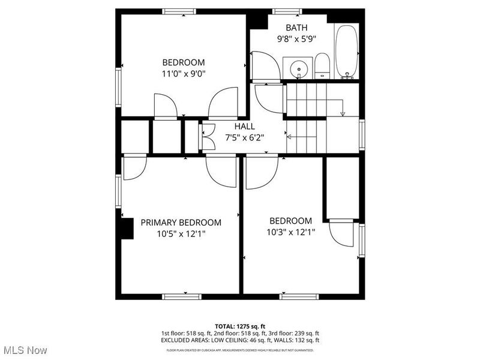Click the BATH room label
coord(296,28)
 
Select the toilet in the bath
coord(322,66)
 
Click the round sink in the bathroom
coord(297,67)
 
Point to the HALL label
coord(244,127)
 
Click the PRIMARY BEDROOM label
coord(181,223)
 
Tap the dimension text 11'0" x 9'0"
coord(183,74)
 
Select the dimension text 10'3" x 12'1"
coord(290,232)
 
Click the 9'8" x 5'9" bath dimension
coord(296,38)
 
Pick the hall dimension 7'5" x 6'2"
coord(244,137)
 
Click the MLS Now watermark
coord(25,349)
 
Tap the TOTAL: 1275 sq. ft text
coord(239,326)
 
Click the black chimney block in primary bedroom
coord(127,229)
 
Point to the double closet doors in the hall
coord(208,136)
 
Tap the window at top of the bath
coord(287,11)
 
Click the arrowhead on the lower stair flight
coord(289,137)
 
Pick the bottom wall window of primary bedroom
coord(182,296)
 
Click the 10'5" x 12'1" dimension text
coord(181,233)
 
